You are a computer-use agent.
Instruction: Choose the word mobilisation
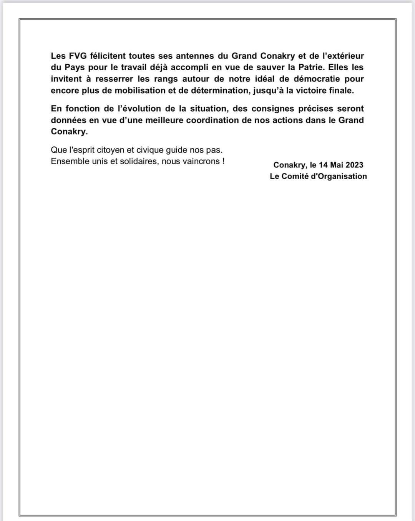(x=140, y=91)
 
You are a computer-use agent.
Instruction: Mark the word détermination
(x=219, y=91)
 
